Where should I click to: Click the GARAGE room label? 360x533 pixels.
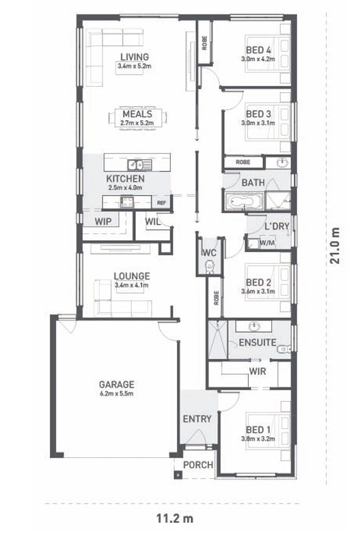pyautogui.click(x=117, y=384)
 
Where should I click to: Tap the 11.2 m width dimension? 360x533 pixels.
pyautogui.click(x=175, y=519)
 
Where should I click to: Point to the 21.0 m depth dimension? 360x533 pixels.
pyautogui.click(x=335, y=246)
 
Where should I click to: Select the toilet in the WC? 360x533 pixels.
pyautogui.click(x=210, y=266)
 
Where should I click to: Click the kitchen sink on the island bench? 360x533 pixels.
pyautogui.click(x=135, y=165)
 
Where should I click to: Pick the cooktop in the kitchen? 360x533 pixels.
pyautogui.click(x=127, y=202)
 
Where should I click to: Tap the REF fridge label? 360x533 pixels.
pyautogui.click(x=161, y=203)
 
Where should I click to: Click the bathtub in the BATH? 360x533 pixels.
pyautogui.click(x=244, y=202)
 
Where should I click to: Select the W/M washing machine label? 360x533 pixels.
pyautogui.click(x=267, y=243)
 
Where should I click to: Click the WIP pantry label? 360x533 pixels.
pyautogui.click(x=103, y=221)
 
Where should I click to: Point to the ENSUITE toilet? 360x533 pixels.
pyautogui.click(x=284, y=349)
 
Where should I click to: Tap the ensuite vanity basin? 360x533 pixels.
pyautogui.click(x=254, y=327)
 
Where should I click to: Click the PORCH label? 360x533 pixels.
pyautogui.click(x=198, y=465)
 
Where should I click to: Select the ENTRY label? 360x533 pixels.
pyautogui.click(x=197, y=419)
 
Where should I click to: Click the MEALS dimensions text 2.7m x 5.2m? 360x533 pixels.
pyautogui.click(x=137, y=123)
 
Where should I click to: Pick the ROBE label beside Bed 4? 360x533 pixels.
pyautogui.click(x=204, y=43)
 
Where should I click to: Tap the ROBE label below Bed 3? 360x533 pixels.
pyautogui.click(x=243, y=162)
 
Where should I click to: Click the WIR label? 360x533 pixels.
pyautogui.click(x=258, y=371)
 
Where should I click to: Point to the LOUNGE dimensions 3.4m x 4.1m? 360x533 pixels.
pyautogui.click(x=132, y=285)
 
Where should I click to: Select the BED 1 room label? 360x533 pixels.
pyautogui.click(x=258, y=430)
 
